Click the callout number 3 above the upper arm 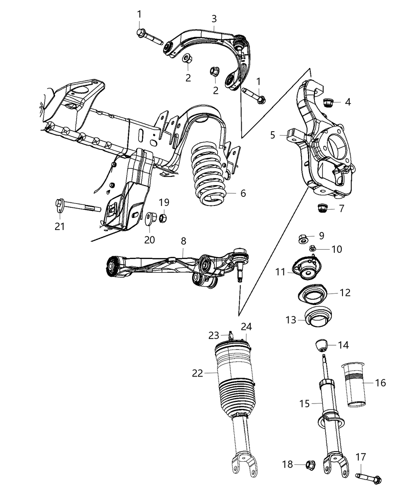pyautogui.click(x=214, y=18)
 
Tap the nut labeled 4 pyautogui.click(x=328, y=103)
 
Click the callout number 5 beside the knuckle pyautogui.click(x=273, y=135)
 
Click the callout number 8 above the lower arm pyautogui.click(x=184, y=241)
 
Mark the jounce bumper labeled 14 pyautogui.click(x=321, y=345)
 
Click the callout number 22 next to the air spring pyautogui.click(x=197, y=373)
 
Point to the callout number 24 pyautogui.click(x=246, y=327)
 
